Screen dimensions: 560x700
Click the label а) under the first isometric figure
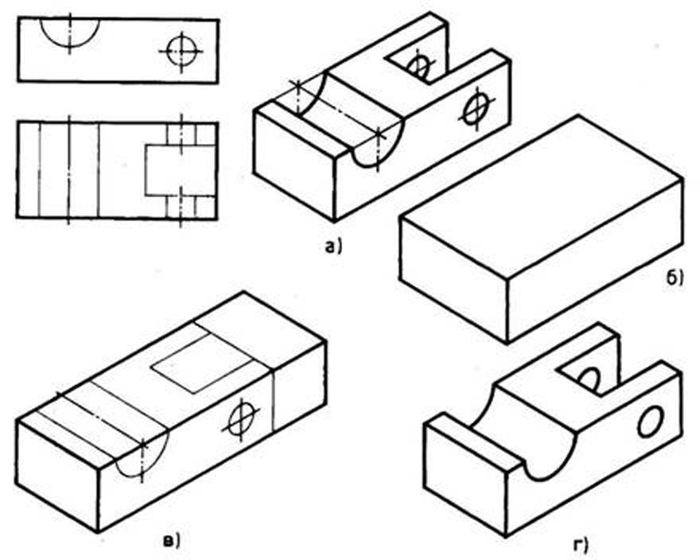[x=332, y=247]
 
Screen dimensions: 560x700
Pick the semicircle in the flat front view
[x=70, y=31]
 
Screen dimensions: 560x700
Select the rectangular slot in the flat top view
[x=180, y=170]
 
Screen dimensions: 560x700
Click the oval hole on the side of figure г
[x=648, y=422]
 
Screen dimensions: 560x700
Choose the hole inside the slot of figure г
[x=589, y=378]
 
